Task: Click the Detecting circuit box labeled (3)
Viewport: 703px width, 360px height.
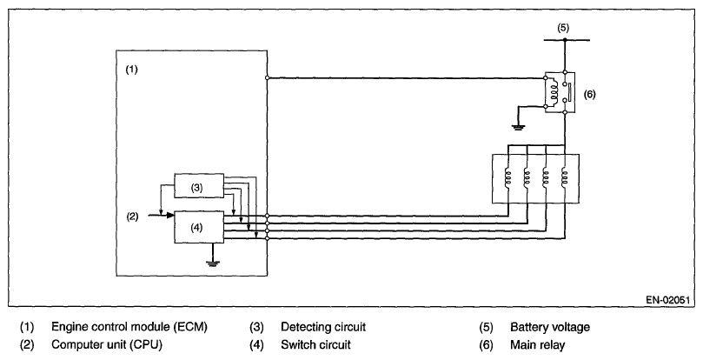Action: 199,185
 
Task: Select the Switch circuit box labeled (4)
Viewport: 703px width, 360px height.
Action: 199,227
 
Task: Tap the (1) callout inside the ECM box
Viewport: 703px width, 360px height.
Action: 131,70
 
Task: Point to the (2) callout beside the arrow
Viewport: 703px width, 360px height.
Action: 132,217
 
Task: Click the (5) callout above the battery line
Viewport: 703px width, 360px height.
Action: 563,27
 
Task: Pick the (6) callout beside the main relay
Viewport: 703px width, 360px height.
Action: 589,94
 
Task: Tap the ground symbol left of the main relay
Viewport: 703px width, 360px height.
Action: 519,127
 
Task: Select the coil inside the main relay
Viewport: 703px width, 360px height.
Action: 554,93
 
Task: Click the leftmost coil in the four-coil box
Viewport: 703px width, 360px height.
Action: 508,177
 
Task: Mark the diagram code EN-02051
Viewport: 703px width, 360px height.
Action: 667,300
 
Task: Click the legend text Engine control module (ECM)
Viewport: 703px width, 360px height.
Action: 129,327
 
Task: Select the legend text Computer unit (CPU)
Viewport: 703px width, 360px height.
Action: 107,344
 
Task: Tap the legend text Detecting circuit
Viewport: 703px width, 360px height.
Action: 323,327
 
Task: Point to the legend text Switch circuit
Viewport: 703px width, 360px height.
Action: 315,344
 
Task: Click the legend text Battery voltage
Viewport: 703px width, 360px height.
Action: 550,327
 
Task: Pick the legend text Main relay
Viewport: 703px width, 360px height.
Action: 538,344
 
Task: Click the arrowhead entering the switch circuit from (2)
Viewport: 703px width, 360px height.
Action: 170,216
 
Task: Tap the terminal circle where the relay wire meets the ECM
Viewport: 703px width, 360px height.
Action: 268,77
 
